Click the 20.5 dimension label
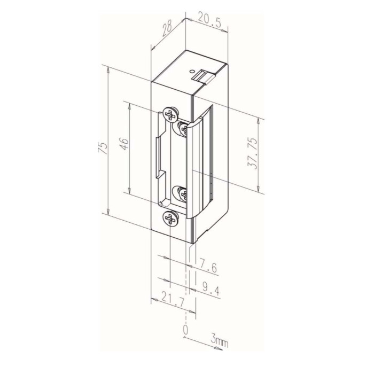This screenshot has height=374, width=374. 209,22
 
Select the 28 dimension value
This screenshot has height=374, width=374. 167,28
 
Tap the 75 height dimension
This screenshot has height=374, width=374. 102,148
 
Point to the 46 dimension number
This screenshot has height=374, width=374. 124,144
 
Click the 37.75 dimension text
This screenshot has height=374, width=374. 253,154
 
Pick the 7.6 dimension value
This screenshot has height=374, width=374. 207,266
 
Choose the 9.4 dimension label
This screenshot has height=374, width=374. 210,289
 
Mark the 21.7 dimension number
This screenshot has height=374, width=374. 173,299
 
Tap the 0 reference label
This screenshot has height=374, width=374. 185,330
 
